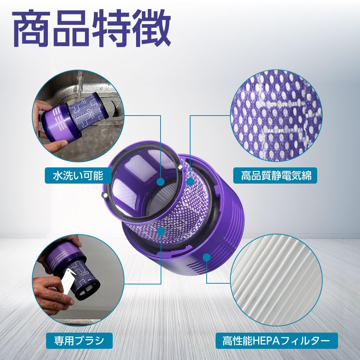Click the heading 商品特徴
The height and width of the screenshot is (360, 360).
click(x=92, y=28)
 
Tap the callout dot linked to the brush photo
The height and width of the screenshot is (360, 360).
click(x=161, y=230)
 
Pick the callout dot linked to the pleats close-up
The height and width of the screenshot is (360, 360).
click(x=207, y=257)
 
